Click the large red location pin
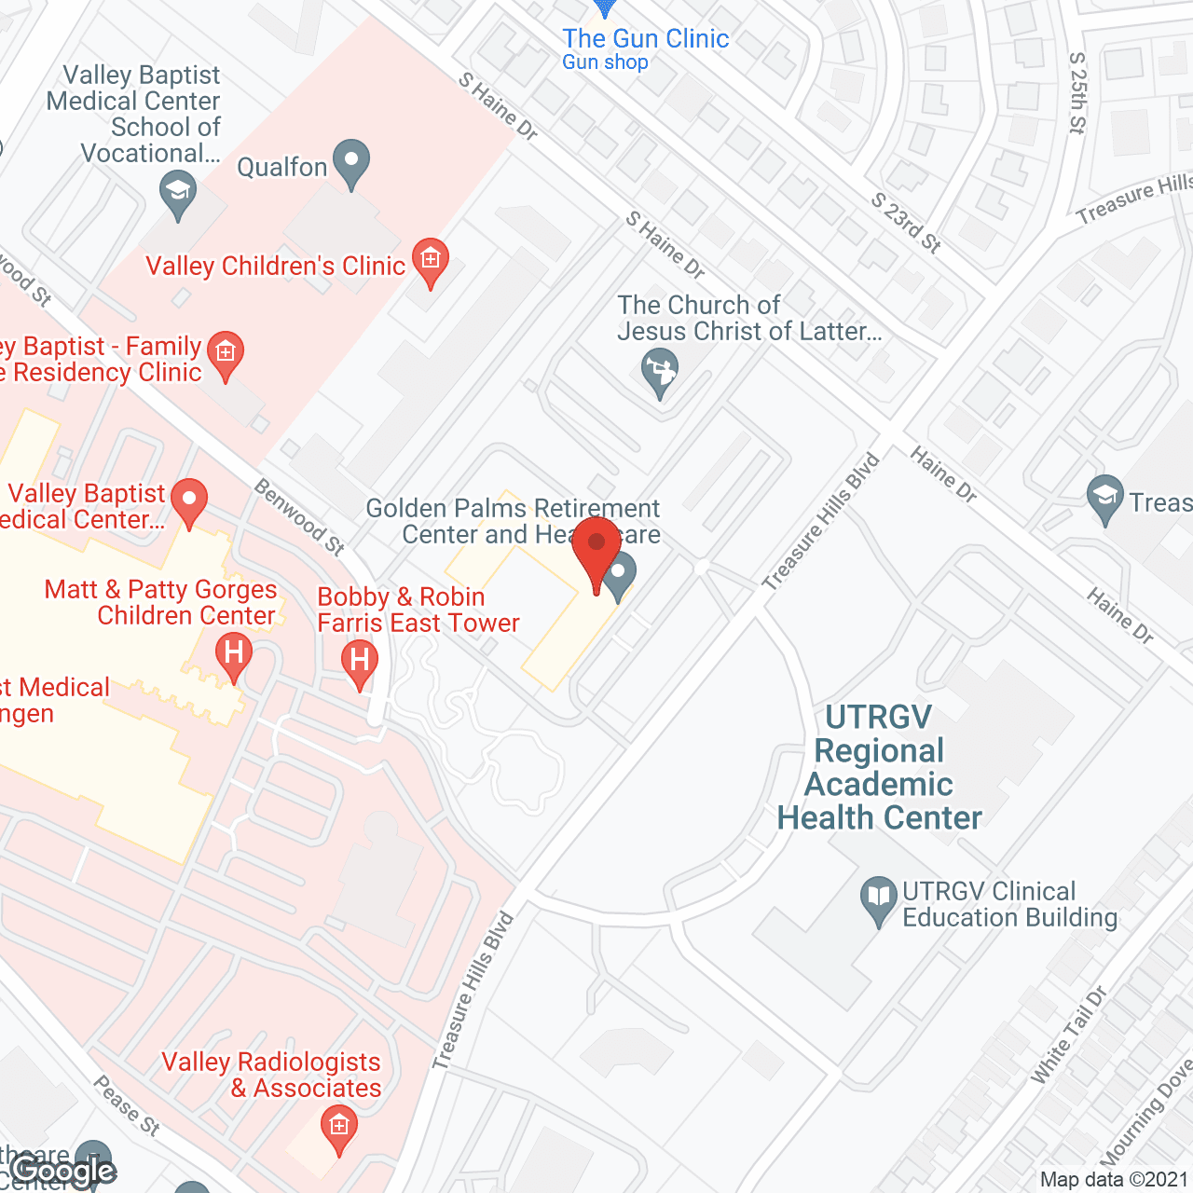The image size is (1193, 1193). pos(596,551)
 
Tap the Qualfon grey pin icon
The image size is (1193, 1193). pos(351,163)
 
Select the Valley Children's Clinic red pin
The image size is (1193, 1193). pos(430,260)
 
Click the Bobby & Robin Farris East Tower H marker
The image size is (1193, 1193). pos(360,663)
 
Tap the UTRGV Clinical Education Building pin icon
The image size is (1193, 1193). pos(878,899)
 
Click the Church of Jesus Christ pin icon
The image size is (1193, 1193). pos(660,372)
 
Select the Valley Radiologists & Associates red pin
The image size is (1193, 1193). pos(338,1129)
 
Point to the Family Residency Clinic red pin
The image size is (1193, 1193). pos(225,354)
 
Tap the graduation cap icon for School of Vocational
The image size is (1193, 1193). pos(177,195)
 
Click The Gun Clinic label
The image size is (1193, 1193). pos(645,39)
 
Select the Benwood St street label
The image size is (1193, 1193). pos(300,516)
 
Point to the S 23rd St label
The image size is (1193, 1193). pos(906,224)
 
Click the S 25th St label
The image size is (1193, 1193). pos(1077,93)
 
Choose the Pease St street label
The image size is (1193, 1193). pos(127,1105)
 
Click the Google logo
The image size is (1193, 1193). pos(64,1171)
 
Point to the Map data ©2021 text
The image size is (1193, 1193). pos(1114,1180)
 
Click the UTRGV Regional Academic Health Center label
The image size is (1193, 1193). pos(879,767)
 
